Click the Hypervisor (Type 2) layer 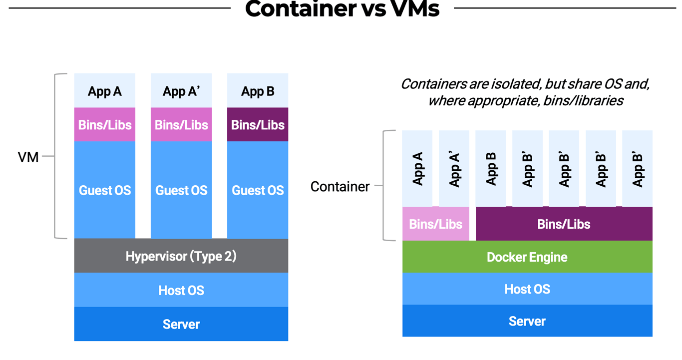point(181,256)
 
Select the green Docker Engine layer point(527,257)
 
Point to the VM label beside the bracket point(28,157)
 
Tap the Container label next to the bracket point(340,187)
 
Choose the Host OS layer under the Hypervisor point(181,290)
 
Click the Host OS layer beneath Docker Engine point(527,289)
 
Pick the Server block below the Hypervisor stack point(181,324)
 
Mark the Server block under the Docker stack point(527,321)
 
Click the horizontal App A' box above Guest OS point(181,91)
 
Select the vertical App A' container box point(454,169)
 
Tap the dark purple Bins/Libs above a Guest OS point(258,125)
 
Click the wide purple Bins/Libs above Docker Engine point(564,224)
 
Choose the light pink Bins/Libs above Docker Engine point(435,224)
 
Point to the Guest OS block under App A point(105,190)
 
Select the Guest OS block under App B point(258,190)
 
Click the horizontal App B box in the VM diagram point(258,91)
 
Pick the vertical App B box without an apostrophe point(491,169)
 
